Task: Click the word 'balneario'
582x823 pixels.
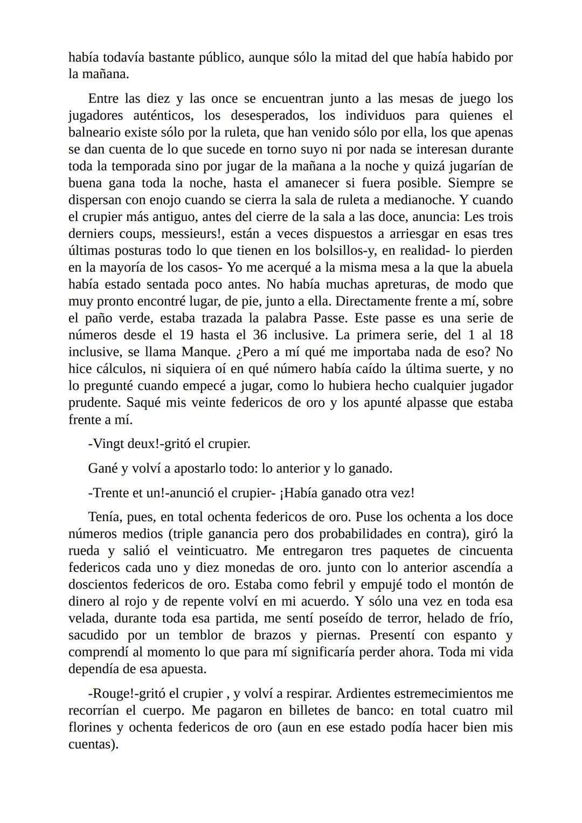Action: point(94,133)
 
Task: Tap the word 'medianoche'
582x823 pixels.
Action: point(418,200)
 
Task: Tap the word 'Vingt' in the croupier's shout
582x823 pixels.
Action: point(108,444)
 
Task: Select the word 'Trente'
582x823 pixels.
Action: point(112,493)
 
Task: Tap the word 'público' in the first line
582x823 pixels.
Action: point(217,58)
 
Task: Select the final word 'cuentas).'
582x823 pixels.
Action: point(93,745)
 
